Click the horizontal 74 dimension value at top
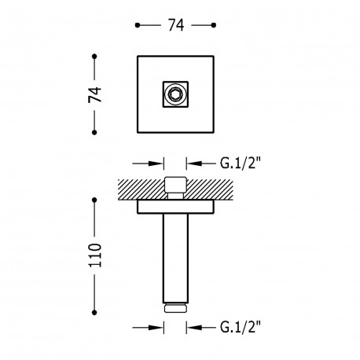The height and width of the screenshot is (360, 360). [176, 25]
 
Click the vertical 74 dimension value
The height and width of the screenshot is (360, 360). [95, 94]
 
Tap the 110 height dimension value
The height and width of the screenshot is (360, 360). [95, 255]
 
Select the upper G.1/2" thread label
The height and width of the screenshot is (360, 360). [241, 163]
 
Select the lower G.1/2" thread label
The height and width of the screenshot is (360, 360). [241, 327]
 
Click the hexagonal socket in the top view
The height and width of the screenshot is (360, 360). [175, 94]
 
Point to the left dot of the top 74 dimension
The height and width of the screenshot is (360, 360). [138, 25]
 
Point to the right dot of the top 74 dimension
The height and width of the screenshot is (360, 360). [214, 25]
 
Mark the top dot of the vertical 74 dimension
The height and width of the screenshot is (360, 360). [94, 57]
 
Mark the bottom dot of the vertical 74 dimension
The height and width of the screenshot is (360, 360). [94, 133]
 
